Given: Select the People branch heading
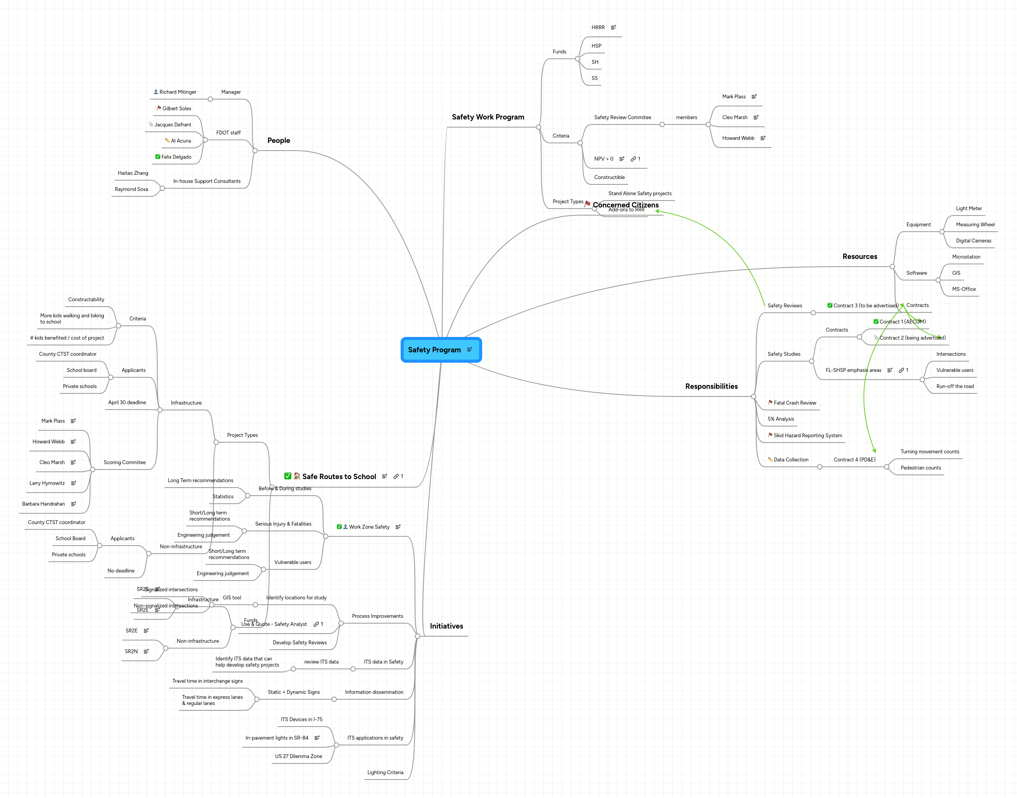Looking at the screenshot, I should coord(278,140).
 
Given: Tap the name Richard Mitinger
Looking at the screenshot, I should coord(178,92).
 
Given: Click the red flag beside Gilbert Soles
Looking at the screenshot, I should coord(159,108).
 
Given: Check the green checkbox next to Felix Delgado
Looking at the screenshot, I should coord(158,156).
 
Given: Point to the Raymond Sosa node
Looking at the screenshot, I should coord(131,189).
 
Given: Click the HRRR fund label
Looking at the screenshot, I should coord(598,28).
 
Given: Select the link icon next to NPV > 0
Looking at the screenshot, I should coord(633,159).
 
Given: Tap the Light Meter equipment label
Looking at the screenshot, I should coord(969,208).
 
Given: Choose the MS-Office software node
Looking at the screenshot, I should coord(964,289).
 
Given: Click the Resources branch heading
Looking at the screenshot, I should coord(859,257).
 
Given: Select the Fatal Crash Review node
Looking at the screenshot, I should coord(794,403).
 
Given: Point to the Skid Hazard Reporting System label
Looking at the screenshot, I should coord(807,435).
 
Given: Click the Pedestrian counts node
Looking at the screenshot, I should coord(920,468).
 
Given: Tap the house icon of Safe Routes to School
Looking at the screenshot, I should coord(297,476).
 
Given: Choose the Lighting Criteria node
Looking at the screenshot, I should coord(385,772).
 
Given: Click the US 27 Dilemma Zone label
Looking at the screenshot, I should coord(298,756).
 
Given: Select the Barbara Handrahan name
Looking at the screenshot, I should coord(43,504).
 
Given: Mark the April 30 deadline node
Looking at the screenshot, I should coord(127,402).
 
